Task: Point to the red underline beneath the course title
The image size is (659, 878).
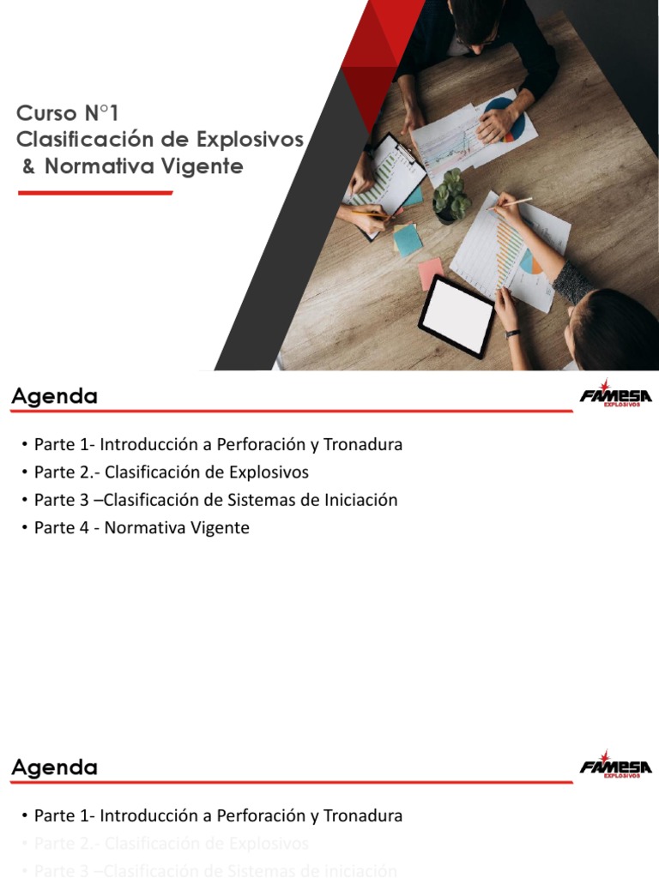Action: point(94,193)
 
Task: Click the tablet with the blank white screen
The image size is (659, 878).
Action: point(456,316)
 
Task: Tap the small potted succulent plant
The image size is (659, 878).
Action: point(451,197)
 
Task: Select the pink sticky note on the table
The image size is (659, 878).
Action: point(431,274)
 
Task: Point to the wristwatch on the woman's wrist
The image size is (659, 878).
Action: point(512,333)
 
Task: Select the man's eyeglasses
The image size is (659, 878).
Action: point(477,39)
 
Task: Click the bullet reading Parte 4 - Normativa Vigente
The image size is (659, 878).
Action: point(142,527)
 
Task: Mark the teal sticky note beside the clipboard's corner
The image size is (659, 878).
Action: point(408,240)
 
